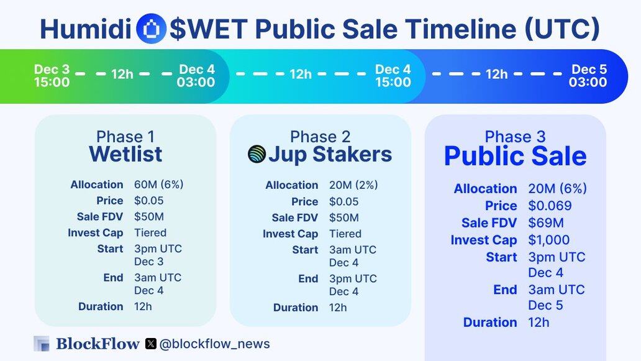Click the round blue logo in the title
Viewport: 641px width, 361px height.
pyautogui.click(x=151, y=29)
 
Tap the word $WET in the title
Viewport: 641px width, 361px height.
pyautogui.click(x=209, y=29)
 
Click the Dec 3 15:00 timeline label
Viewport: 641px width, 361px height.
pyautogui.click(x=52, y=76)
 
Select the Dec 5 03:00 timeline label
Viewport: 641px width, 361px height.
pyautogui.click(x=588, y=76)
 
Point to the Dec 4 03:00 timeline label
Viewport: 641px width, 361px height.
pyautogui.click(x=196, y=76)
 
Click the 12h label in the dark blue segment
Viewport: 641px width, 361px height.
pyautogui.click(x=497, y=74)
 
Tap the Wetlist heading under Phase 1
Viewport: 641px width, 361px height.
pyautogui.click(x=125, y=154)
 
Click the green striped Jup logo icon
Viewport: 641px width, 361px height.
pyautogui.click(x=257, y=154)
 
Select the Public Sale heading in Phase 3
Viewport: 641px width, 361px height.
pyautogui.click(x=515, y=156)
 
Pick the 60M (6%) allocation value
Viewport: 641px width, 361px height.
pyautogui.click(x=158, y=185)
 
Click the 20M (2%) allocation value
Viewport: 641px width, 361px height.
pyautogui.click(x=353, y=185)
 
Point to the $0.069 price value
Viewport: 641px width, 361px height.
pyautogui.click(x=550, y=206)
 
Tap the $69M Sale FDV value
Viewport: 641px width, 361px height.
pyautogui.click(x=546, y=223)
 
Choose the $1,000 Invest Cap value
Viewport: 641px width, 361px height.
pyautogui.click(x=548, y=240)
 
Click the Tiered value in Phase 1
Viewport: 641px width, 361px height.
pyautogui.click(x=150, y=232)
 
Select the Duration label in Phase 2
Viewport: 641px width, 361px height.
pyautogui.click(x=296, y=308)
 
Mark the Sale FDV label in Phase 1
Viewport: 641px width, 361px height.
pyautogui.click(x=100, y=217)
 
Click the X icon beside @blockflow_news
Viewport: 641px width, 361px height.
pyautogui.click(x=151, y=344)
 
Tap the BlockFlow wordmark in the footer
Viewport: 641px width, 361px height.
pyautogui.click(x=98, y=344)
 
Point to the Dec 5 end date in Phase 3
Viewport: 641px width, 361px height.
pyautogui.click(x=545, y=306)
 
